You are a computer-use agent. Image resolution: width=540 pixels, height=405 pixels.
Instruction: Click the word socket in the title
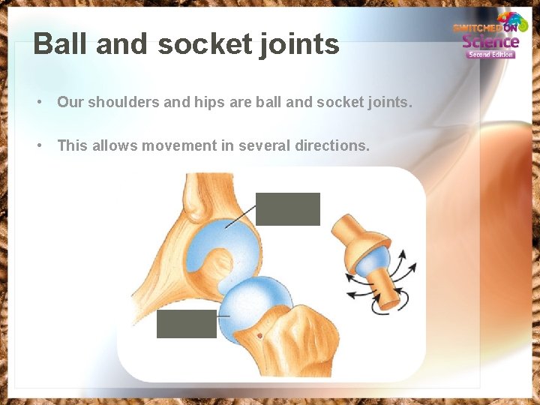pyautogui.click(x=194, y=44)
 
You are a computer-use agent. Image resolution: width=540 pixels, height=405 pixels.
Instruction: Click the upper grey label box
pyautogui.click(x=287, y=208)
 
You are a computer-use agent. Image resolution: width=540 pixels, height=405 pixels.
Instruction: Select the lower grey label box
pyautogui.click(x=186, y=323)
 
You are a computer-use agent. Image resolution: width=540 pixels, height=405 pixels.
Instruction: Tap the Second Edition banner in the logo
pyautogui.click(x=490, y=54)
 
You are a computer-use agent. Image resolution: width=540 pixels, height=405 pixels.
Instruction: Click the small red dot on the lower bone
pyautogui.click(x=259, y=336)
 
